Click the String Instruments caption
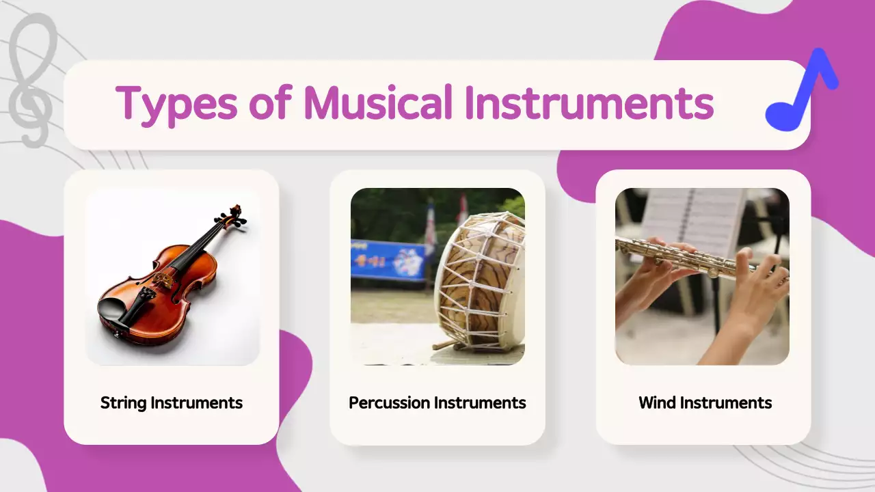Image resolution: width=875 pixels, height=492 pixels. point(171,402)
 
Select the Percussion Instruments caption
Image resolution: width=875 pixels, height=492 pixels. point(437,402)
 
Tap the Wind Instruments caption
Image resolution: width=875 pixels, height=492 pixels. point(705,402)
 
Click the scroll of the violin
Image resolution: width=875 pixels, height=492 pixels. point(236,215)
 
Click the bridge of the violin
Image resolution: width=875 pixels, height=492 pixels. point(163,279)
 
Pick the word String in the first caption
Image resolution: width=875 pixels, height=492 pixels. point(124,402)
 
